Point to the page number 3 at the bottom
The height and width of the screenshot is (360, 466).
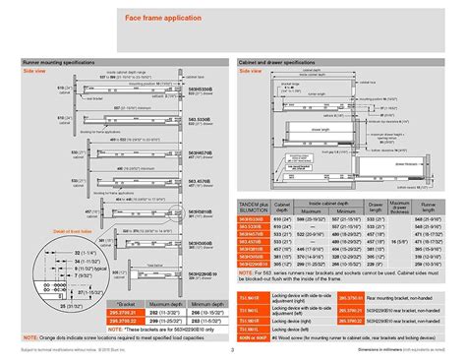[x=233, y=350]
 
